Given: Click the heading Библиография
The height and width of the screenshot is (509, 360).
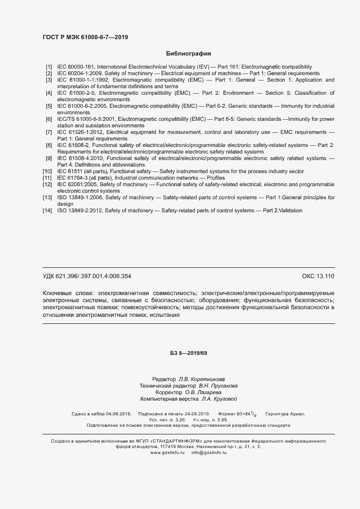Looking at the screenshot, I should (x=188, y=54).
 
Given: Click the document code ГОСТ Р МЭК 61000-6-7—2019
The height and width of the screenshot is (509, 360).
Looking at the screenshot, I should (x=85, y=37).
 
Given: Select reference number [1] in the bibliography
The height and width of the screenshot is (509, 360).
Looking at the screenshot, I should (x=48, y=66).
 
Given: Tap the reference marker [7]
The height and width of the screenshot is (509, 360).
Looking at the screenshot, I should (x=48, y=132).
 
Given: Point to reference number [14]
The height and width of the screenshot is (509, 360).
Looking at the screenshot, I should (x=47, y=210).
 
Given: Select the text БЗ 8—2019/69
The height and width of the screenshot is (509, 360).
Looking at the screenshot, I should (x=188, y=353).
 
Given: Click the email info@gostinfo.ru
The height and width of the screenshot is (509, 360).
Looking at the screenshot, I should (x=209, y=452).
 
